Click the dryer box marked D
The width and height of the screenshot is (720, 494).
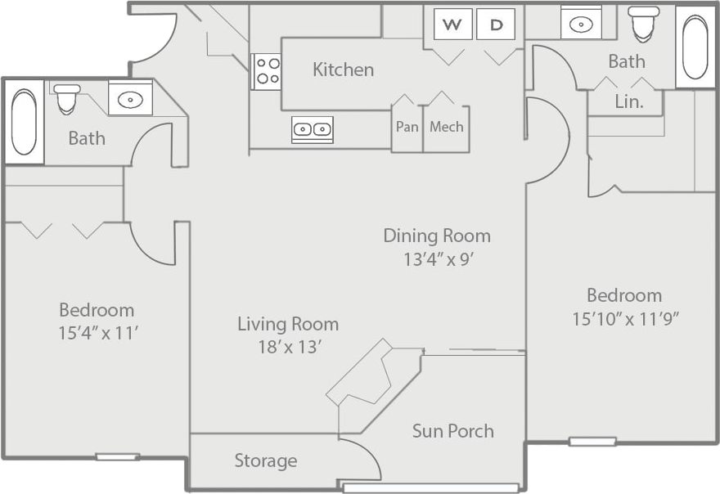[496, 24]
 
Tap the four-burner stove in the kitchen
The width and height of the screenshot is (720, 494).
[266, 71]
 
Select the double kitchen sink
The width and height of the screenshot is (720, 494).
[312, 129]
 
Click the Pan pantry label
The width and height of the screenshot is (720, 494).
[407, 127]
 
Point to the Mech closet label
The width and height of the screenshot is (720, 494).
[447, 127]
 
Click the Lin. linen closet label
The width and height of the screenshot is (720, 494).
[628, 102]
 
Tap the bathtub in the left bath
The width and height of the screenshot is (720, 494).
[24, 122]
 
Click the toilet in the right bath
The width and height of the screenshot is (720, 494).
[643, 25]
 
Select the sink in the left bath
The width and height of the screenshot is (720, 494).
[130, 100]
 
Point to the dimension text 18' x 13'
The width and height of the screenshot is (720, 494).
[288, 347]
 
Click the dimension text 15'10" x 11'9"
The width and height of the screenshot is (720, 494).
[625, 319]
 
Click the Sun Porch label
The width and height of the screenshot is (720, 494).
[452, 431]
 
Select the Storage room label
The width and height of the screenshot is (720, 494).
[265, 460]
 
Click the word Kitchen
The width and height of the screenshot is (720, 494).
[343, 70]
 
